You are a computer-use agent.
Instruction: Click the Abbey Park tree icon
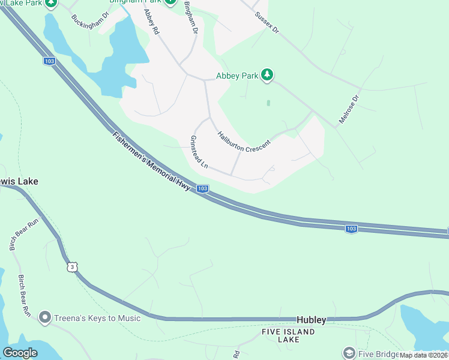[267, 75]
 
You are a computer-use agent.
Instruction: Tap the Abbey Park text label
[237, 76]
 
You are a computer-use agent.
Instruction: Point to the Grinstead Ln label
[199, 151]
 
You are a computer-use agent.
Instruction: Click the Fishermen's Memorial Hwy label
[151, 161]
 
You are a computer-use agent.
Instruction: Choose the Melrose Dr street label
[348, 109]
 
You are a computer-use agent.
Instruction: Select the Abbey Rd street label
[151, 20]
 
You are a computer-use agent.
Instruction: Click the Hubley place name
[312, 320]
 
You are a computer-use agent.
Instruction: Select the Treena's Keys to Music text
[97, 318]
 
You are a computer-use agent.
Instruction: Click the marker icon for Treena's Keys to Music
[44, 317]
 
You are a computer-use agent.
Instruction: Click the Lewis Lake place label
[20, 181]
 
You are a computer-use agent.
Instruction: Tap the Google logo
[20, 353]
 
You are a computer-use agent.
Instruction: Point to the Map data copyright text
[423, 355]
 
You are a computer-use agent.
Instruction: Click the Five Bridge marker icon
[349, 353]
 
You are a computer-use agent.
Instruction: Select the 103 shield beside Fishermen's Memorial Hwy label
[202, 188]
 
